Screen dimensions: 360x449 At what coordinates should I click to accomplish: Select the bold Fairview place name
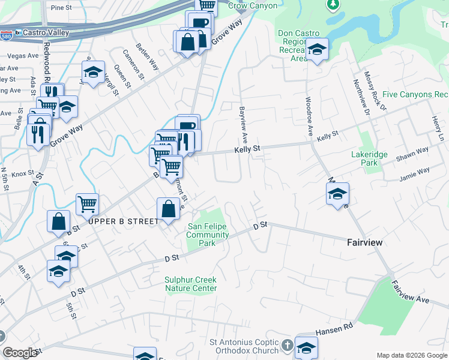[x=364, y=242]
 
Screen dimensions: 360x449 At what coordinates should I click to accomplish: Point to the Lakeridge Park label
[x=369, y=158]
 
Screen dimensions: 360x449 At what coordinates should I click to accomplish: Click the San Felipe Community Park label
[x=208, y=235]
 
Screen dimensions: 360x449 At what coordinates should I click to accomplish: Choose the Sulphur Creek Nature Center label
[x=191, y=284]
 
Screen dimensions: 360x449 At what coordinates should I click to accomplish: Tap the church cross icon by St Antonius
[x=288, y=346]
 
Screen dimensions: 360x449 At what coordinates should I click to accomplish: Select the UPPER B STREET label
[x=124, y=221]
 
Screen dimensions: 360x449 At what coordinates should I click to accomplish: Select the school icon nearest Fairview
[x=338, y=194]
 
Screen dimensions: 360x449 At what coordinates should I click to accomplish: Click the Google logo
[x=20, y=353]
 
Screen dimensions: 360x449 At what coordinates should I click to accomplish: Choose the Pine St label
[x=61, y=8]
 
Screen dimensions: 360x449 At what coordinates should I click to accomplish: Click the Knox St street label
[x=23, y=173]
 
